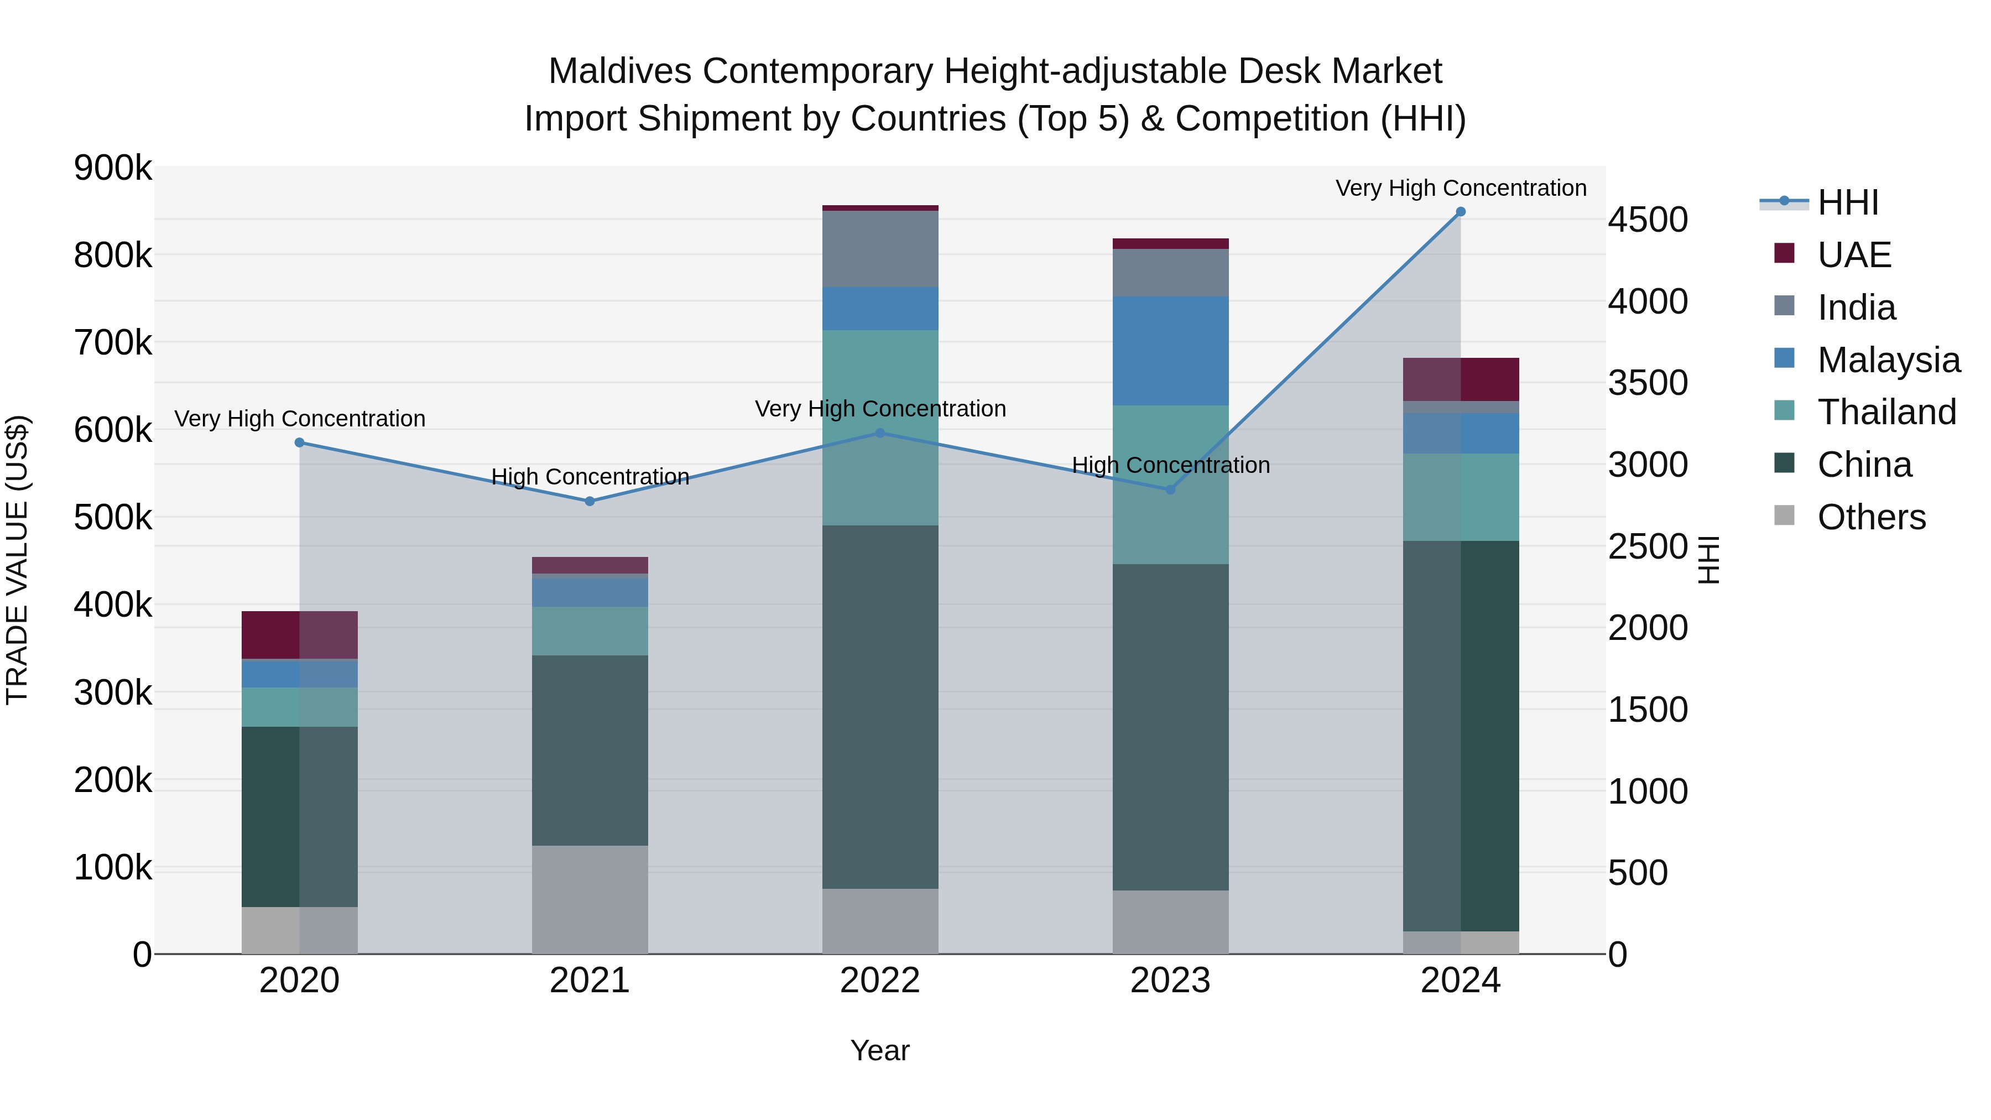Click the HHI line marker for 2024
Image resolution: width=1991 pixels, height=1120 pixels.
[x=1460, y=212]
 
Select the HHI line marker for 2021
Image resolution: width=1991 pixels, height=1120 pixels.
[x=590, y=501]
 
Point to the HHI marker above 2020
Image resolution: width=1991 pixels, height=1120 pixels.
[x=300, y=442]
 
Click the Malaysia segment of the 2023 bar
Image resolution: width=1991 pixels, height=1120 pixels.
[x=1170, y=351]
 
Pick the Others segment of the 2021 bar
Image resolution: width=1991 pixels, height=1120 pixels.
[x=590, y=899]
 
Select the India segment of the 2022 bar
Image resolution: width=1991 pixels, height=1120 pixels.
[x=879, y=249]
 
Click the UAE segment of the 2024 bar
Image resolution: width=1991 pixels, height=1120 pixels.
[x=1460, y=379]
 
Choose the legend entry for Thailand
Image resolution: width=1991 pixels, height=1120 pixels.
[x=1886, y=412]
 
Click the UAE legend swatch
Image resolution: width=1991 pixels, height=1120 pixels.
[x=1784, y=253]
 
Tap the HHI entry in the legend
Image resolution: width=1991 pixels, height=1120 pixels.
[x=1847, y=202]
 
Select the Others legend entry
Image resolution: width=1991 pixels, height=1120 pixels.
[x=1871, y=517]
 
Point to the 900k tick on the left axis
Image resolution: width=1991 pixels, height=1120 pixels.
[x=113, y=168]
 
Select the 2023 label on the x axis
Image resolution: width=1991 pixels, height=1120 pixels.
[x=1170, y=981]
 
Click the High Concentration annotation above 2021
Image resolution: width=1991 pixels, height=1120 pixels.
[x=590, y=477]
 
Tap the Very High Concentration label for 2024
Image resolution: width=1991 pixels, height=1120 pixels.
[x=1460, y=188]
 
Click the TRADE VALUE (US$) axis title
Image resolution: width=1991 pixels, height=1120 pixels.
[x=17, y=560]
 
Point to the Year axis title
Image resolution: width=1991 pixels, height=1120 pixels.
[x=879, y=1050]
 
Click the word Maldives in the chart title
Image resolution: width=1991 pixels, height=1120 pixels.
[x=619, y=71]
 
